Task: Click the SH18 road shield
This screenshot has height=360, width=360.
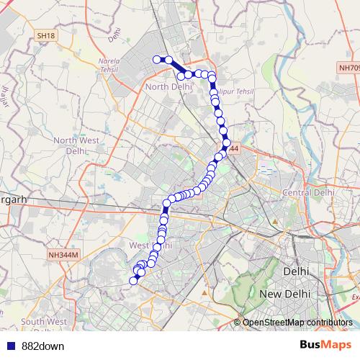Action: tap(45, 35)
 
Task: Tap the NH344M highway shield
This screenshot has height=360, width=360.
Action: tap(63, 255)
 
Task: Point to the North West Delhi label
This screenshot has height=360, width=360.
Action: tap(74, 145)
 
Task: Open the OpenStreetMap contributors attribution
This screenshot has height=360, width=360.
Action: tap(297, 323)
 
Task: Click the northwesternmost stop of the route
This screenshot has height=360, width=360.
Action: tap(157, 60)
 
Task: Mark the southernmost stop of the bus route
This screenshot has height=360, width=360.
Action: tap(132, 280)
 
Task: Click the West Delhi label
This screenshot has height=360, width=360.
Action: tap(150, 246)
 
